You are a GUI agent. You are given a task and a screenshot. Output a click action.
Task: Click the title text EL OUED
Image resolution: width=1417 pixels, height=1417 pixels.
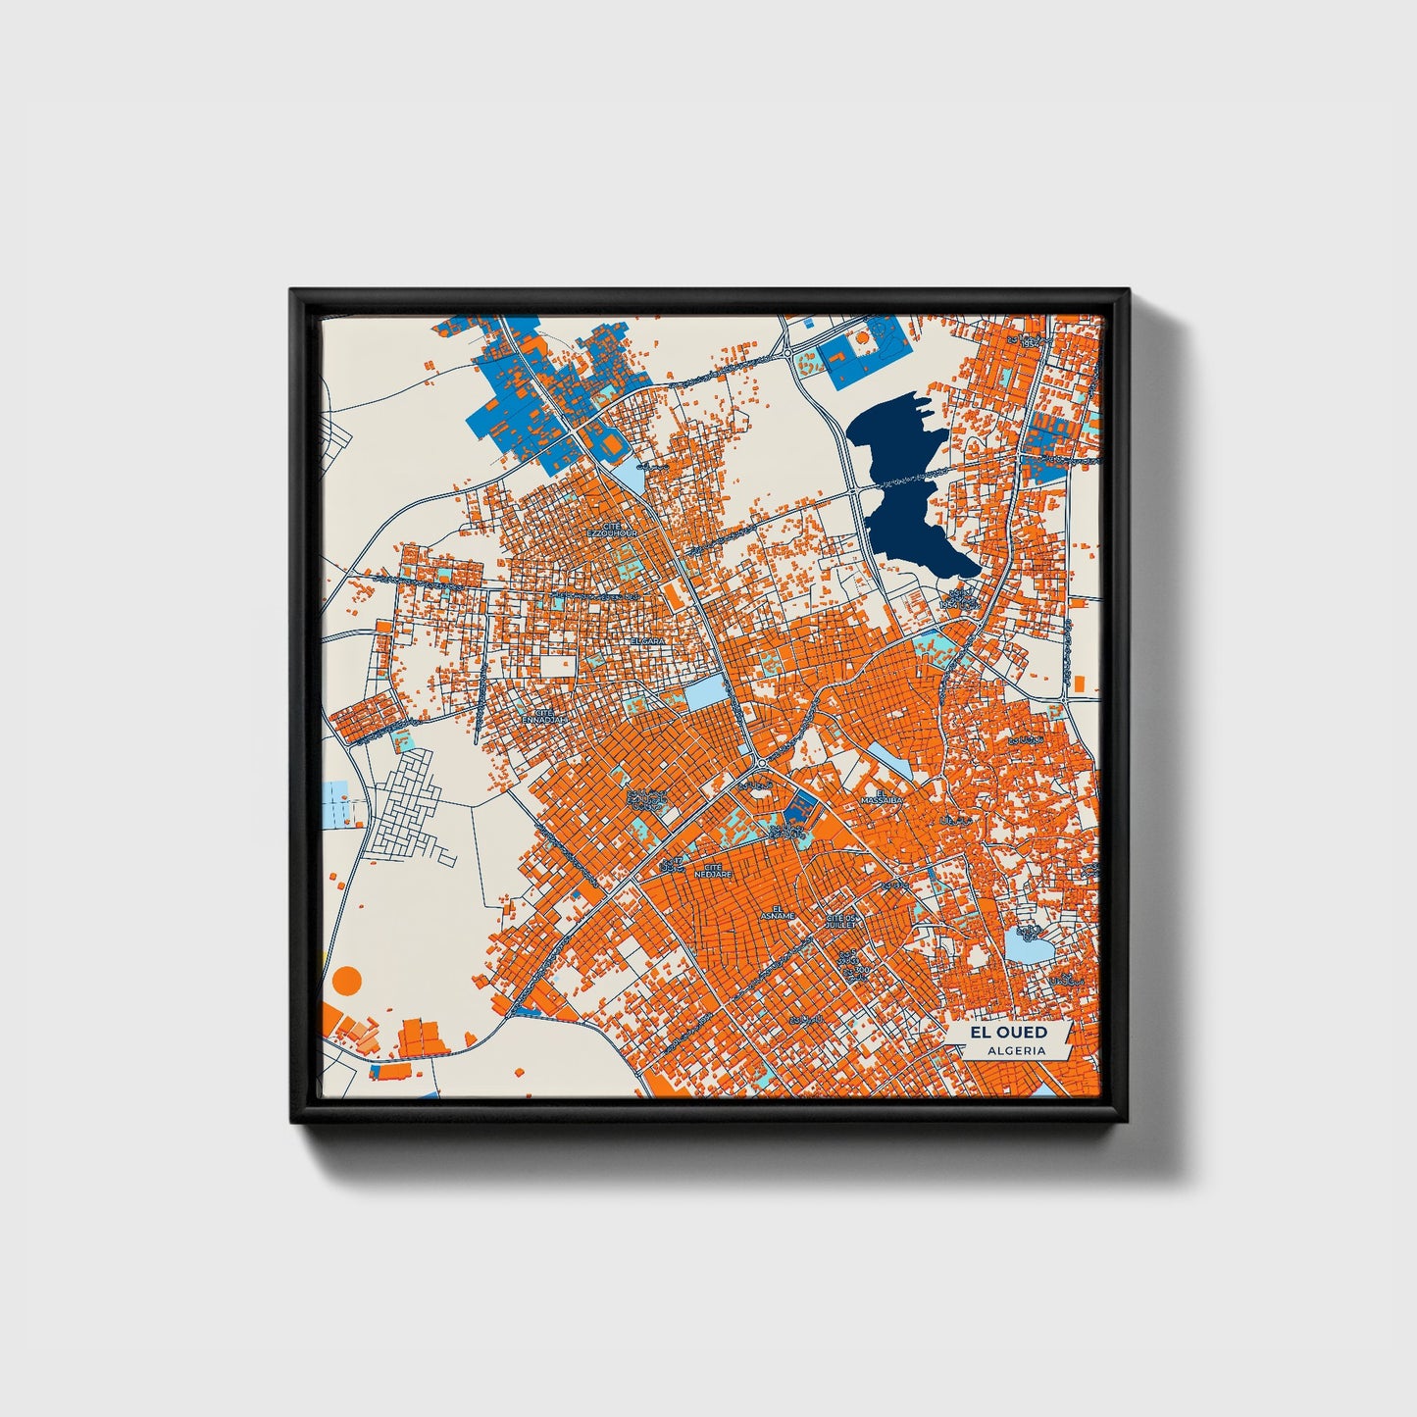(1008, 1032)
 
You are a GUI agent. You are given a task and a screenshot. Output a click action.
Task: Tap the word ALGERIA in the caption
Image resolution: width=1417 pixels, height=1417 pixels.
(1016, 1050)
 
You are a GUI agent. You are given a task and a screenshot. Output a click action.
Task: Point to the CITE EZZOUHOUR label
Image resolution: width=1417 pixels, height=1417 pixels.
(612, 530)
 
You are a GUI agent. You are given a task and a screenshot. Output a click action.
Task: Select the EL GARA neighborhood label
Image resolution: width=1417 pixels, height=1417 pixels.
(648, 640)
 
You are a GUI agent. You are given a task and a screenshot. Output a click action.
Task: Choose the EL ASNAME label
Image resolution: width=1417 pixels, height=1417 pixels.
(783, 912)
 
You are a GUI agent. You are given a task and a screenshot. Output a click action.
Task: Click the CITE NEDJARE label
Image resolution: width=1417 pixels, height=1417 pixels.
(713, 870)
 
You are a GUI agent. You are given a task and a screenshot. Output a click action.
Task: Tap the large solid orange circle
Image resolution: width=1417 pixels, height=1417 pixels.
(347, 979)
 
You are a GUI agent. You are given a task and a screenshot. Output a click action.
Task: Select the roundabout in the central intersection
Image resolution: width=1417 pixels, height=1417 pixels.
(761, 763)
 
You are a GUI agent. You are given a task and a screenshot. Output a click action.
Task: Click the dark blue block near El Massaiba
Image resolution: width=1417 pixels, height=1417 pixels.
(800, 809)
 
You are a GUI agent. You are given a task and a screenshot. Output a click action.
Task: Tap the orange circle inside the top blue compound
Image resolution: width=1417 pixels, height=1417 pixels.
(862, 337)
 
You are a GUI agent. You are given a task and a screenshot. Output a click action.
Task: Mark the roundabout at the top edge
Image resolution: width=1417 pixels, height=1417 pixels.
(785, 351)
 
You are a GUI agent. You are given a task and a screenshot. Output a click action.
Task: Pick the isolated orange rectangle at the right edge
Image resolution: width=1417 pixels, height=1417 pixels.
(1079, 683)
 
